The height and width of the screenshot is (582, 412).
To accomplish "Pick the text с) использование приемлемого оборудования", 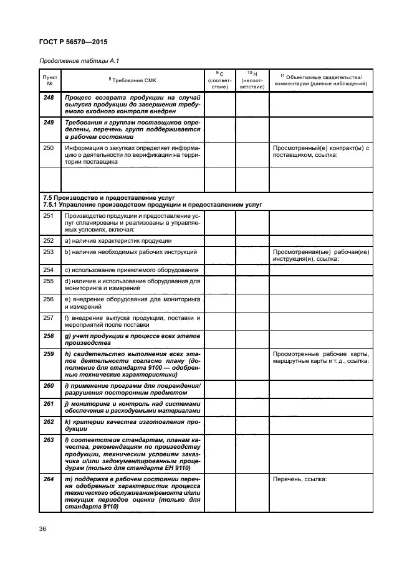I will [131, 270].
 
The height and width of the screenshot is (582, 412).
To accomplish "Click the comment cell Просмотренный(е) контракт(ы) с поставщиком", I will [320, 151].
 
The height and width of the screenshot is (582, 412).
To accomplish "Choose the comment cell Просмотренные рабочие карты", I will [320, 357].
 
